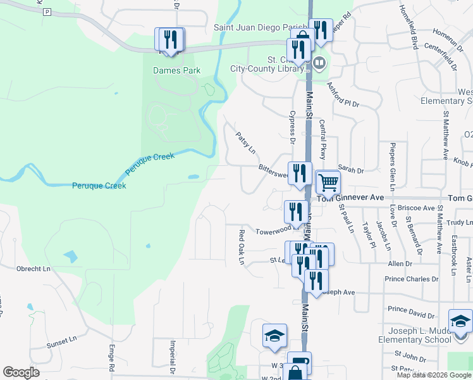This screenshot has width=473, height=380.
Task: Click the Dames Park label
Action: [x=176, y=70]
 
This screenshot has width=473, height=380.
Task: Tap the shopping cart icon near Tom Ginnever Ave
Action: [x=328, y=182]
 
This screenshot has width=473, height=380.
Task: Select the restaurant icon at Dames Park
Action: [x=170, y=39]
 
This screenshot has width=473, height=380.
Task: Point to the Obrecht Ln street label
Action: [x=33, y=269]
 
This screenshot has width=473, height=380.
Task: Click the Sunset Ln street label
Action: [x=61, y=343]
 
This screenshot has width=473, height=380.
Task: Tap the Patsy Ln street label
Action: [x=245, y=143]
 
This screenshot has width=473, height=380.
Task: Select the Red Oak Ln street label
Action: [x=241, y=248]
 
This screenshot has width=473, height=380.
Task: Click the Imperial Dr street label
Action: [x=172, y=355]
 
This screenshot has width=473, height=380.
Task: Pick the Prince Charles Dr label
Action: [x=411, y=279]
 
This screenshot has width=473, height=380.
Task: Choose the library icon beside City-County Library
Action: [x=319, y=63]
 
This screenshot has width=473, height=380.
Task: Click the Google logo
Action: [x=21, y=372]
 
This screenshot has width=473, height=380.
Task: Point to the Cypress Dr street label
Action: [x=292, y=124]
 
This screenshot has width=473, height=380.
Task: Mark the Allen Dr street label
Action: [x=400, y=263]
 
